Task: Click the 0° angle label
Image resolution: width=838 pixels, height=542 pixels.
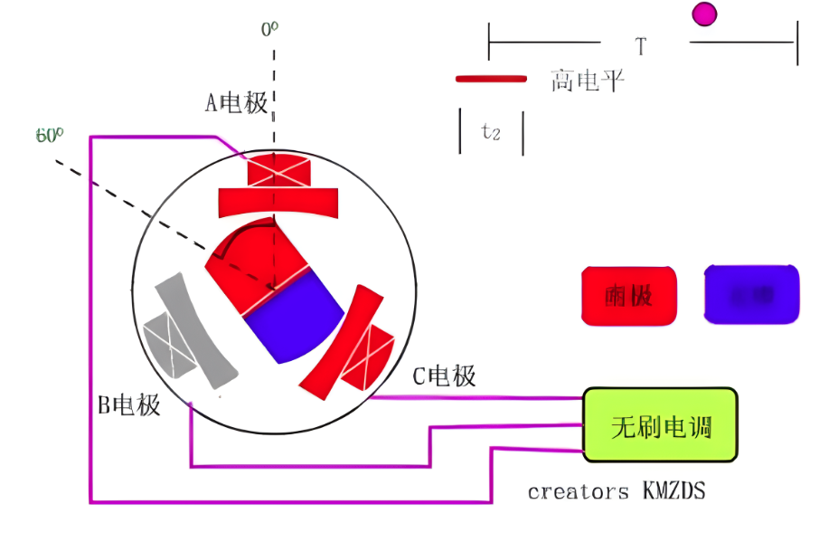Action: pos(269,29)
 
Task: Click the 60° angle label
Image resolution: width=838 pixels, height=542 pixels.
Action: pos(50,136)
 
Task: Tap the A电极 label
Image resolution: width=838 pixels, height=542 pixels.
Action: pos(237,103)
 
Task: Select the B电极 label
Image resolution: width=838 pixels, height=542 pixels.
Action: pos(129,404)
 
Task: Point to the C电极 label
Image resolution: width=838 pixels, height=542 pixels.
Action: pos(444,376)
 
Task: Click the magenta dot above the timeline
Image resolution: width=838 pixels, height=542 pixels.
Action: pos(704,14)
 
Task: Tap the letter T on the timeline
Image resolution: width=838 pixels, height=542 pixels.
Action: pos(640,46)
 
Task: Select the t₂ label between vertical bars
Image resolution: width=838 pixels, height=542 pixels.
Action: pos(491,132)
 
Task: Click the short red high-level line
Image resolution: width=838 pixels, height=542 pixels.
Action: pos(491,80)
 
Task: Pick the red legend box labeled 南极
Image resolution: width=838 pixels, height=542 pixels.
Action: pos(629,295)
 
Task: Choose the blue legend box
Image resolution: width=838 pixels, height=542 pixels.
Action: pos(751,294)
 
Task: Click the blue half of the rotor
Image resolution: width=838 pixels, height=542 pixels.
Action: pos(294,317)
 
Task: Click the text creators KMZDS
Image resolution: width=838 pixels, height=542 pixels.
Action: pos(616,491)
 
